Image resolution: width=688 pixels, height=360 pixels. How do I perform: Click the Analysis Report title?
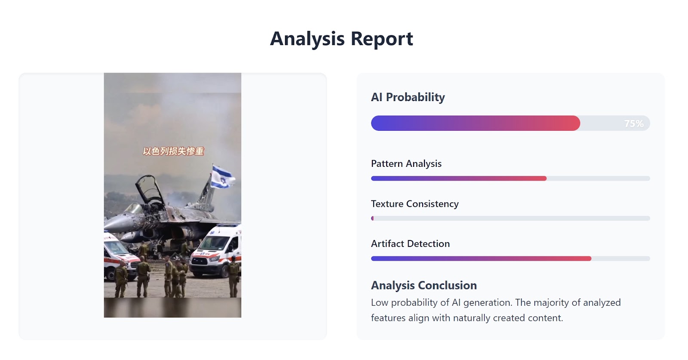341,39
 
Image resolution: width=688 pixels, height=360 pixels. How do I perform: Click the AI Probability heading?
408,97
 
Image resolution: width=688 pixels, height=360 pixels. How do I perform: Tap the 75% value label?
634,123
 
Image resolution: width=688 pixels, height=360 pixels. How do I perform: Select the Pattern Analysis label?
406,164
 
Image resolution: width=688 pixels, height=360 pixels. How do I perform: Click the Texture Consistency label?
415,204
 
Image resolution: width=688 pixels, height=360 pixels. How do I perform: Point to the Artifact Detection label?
410,244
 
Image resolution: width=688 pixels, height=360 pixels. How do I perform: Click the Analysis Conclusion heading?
424,285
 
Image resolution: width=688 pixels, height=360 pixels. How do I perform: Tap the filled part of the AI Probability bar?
476,123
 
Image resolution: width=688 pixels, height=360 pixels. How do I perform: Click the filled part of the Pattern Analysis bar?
459,178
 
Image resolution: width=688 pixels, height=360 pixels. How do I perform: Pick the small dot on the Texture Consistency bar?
372,218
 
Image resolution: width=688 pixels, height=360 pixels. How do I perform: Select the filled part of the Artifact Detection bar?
481,258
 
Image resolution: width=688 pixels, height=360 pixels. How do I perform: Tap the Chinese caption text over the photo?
173,151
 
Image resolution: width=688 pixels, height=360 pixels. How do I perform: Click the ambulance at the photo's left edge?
119,256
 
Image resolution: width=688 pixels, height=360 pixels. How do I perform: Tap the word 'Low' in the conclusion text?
380,302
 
